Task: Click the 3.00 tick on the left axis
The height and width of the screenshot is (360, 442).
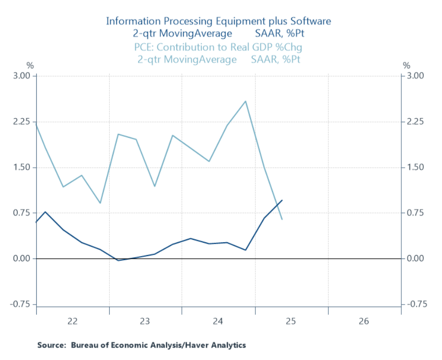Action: coord(23,76)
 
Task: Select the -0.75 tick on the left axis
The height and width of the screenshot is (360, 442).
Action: coord(21,305)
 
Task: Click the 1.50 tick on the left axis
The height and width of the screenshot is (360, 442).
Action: coord(23,167)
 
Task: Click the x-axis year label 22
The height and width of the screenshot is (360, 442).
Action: coord(73,321)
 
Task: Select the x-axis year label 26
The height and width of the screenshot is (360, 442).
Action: coord(364,321)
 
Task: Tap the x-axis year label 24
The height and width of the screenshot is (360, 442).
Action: coord(218,321)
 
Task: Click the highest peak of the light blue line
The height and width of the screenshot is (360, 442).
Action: coord(246,101)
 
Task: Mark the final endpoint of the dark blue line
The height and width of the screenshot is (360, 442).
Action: coord(282,200)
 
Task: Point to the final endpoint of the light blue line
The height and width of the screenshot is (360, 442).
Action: coord(282,219)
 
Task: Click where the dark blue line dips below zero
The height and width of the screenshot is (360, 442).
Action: coord(118,260)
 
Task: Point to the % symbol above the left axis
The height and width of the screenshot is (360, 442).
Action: coord(30,65)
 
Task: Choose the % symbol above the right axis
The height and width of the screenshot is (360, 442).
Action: coord(406,65)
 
